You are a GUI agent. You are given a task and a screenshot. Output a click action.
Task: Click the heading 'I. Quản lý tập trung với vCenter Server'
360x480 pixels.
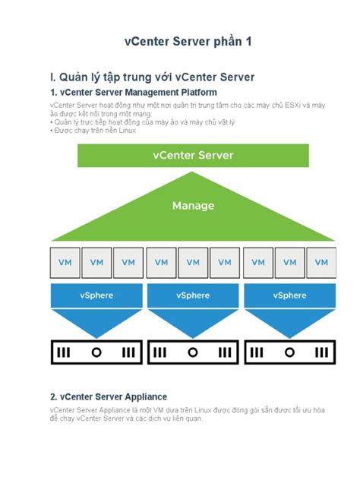[x=152, y=77]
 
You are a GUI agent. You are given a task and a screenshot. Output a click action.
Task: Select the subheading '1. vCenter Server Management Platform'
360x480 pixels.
[x=133, y=92]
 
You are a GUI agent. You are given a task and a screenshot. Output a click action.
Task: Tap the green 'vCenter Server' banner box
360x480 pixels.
[x=193, y=156]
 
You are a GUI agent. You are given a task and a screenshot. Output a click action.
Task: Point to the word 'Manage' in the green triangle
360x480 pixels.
[x=193, y=206]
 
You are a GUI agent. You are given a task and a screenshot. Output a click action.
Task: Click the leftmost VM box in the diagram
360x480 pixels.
[x=65, y=262]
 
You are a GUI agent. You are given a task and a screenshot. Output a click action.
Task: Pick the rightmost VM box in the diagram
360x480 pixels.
[x=322, y=262]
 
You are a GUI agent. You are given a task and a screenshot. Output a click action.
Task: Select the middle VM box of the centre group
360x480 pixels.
[x=193, y=262]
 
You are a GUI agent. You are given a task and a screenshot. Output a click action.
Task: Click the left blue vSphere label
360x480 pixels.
[x=96, y=295]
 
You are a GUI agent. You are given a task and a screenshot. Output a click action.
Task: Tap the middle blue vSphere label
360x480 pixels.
[x=193, y=295]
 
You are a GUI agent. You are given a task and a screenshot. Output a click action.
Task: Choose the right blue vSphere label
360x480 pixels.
[x=289, y=295]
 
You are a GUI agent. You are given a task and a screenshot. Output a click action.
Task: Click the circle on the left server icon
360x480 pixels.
[x=96, y=352]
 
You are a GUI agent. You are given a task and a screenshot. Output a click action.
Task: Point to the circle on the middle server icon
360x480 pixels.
[x=193, y=352]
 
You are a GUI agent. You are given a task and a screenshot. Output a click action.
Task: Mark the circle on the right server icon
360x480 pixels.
[x=289, y=352]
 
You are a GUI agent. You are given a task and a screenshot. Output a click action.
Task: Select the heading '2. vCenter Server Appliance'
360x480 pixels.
[x=108, y=396]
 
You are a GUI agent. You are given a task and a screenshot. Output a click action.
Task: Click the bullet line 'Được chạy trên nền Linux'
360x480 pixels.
[x=94, y=131]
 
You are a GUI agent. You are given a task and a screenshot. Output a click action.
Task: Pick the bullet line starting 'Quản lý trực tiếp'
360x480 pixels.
[x=129, y=122]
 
